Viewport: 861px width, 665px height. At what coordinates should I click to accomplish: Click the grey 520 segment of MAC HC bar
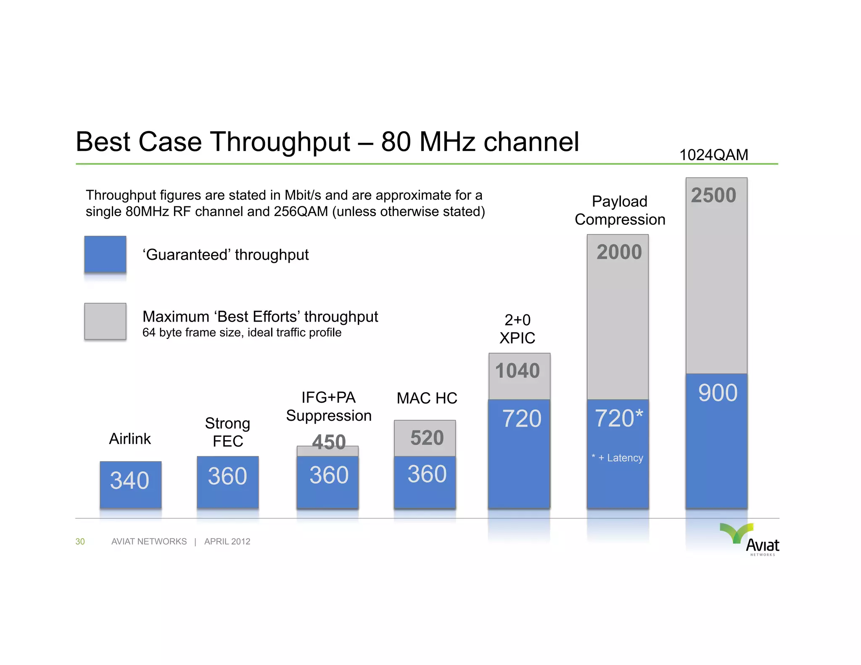tap(426, 438)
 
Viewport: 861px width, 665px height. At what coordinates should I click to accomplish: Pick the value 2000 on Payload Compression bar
tap(619, 252)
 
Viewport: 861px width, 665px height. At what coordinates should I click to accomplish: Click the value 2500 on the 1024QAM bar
tap(713, 195)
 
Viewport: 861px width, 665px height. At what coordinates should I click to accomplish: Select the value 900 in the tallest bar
tap(717, 393)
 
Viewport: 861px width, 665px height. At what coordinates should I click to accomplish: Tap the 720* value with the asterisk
tap(618, 418)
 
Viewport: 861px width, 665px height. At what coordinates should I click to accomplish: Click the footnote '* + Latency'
tap(618, 458)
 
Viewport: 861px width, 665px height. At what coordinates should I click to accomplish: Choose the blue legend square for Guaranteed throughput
tap(105, 254)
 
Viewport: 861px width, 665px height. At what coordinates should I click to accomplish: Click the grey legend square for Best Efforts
tap(105, 321)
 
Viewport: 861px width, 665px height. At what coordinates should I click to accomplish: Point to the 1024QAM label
tap(713, 155)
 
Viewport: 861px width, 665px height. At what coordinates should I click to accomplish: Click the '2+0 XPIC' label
tap(517, 329)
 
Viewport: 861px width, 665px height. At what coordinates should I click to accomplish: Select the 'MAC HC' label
tap(427, 398)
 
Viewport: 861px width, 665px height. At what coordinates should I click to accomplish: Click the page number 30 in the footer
tap(80, 541)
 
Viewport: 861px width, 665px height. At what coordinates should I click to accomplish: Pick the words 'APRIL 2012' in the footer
tap(227, 541)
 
